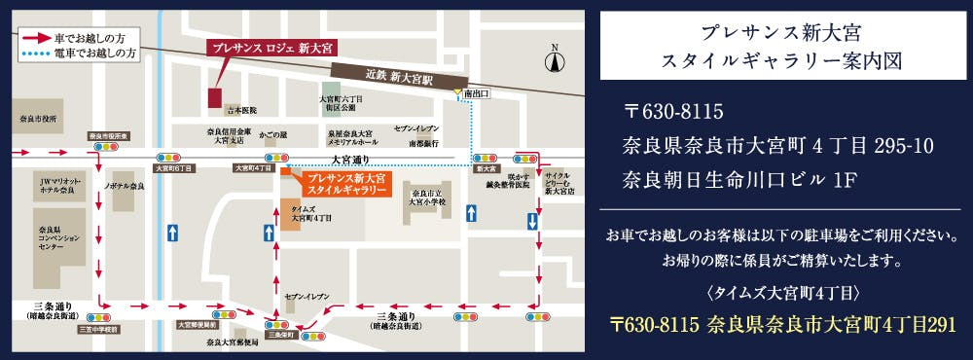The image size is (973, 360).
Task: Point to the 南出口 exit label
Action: [476, 93]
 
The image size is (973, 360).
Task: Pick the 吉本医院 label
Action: [239, 111]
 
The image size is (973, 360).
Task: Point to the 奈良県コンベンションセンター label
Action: [45, 239]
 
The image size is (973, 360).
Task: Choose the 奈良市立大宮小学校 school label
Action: [428, 199]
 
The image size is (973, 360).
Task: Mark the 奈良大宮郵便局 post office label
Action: [231, 342]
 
